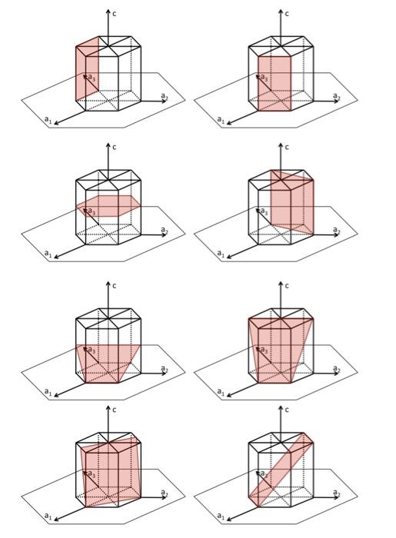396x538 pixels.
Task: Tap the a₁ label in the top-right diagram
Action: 221,120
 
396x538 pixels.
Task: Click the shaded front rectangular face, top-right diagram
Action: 275,85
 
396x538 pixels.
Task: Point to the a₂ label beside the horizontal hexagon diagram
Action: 164,229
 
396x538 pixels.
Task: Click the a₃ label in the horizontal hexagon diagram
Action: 91,210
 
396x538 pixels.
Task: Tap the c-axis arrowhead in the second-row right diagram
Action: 281,144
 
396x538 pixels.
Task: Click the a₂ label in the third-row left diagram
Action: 164,369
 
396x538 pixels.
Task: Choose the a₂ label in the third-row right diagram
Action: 336,369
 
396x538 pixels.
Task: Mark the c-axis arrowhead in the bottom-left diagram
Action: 108,407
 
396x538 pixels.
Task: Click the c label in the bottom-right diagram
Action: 288,410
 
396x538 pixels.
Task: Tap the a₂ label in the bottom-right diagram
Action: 336,492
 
